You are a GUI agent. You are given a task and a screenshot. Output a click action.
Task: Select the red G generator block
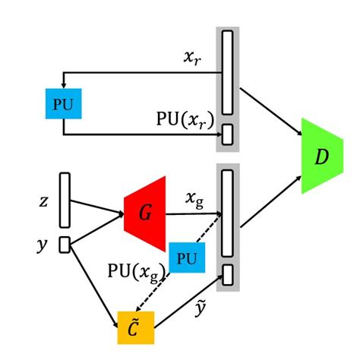pyautogui.click(x=146, y=214)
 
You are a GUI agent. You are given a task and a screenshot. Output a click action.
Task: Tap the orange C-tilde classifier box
pyautogui.click(x=135, y=327)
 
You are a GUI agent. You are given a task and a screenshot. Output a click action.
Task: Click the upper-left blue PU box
pyautogui.click(x=64, y=103)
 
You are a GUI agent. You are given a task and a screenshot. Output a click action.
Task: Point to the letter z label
pyautogui.click(x=43, y=202)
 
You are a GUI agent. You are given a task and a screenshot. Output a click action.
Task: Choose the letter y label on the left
pyautogui.click(x=43, y=245)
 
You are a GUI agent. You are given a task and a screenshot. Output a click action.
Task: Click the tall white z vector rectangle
pyautogui.click(x=65, y=200)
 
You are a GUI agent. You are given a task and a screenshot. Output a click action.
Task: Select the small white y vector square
pyautogui.click(x=65, y=244)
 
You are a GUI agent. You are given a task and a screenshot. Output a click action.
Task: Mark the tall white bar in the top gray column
pyautogui.click(x=227, y=72)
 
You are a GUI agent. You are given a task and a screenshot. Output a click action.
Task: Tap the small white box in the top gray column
pyautogui.click(x=227, y=135)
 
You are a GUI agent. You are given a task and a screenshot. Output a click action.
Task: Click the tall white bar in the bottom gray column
pyautogui.click(x=227, y=213)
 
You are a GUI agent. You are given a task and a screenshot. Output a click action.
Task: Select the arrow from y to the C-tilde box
pyautogui.click(x=94, y=280)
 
